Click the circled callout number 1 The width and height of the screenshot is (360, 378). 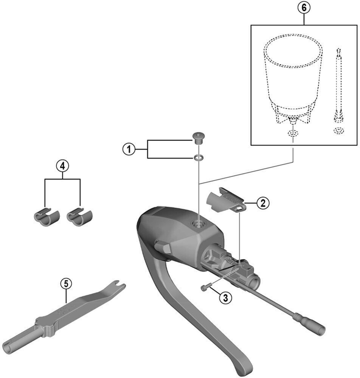click(129, 149)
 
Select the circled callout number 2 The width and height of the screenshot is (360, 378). click(262, 203)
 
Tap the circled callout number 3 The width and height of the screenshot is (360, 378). click(226, 297)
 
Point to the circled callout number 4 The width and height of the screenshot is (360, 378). click(63, 165)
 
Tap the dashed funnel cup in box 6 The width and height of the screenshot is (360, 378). click(293, 76)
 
